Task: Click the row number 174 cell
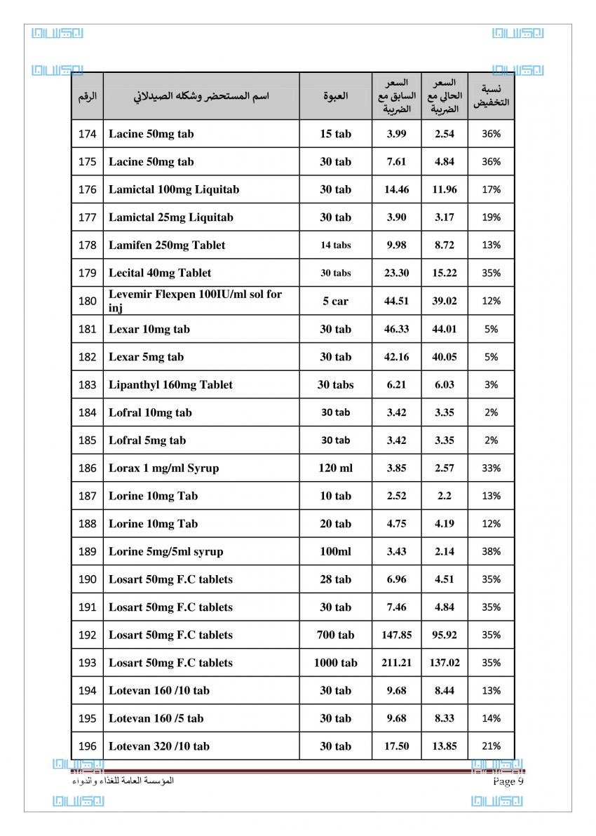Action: click(87, 134)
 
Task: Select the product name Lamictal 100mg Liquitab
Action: click(173, 189)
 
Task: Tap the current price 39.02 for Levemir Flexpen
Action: click(444, 301)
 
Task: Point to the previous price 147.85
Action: click(396, 635)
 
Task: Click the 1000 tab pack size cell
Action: click(335, 663)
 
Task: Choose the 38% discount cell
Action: click(491, 551)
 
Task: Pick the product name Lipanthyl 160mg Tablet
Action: click(170, 384)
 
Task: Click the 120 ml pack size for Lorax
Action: click(335, 468)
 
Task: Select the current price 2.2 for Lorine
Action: click(444, 496)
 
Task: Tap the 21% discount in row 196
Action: click(491, 746)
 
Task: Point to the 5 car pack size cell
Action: click(335, 301)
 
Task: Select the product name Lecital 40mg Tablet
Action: click(159, 273)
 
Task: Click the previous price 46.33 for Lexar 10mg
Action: click(396, 329)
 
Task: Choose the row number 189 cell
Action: click(87, 551)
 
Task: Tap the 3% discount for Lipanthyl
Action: click(491, 384)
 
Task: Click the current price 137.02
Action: click(444, 663)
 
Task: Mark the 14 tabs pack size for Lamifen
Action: click(335, 245)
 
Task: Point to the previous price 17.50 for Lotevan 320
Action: click(396, 746)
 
